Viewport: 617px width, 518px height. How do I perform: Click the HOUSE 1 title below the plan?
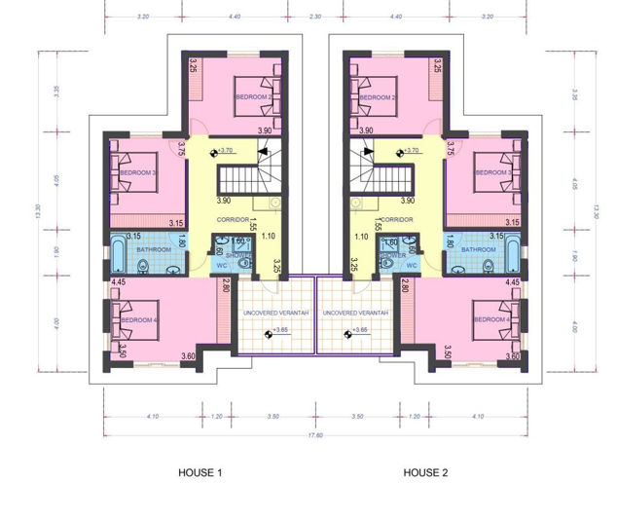[200, 473]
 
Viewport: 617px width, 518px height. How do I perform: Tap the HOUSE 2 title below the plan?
[425, 473]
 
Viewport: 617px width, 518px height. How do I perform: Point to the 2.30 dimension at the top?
[314, 17]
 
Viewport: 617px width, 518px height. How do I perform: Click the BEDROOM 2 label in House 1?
[250, 97]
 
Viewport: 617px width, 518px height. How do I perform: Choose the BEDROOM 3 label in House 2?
[492, 173]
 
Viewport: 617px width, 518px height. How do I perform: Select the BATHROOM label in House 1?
[154, 250]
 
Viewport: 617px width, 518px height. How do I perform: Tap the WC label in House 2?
[411, 265]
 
